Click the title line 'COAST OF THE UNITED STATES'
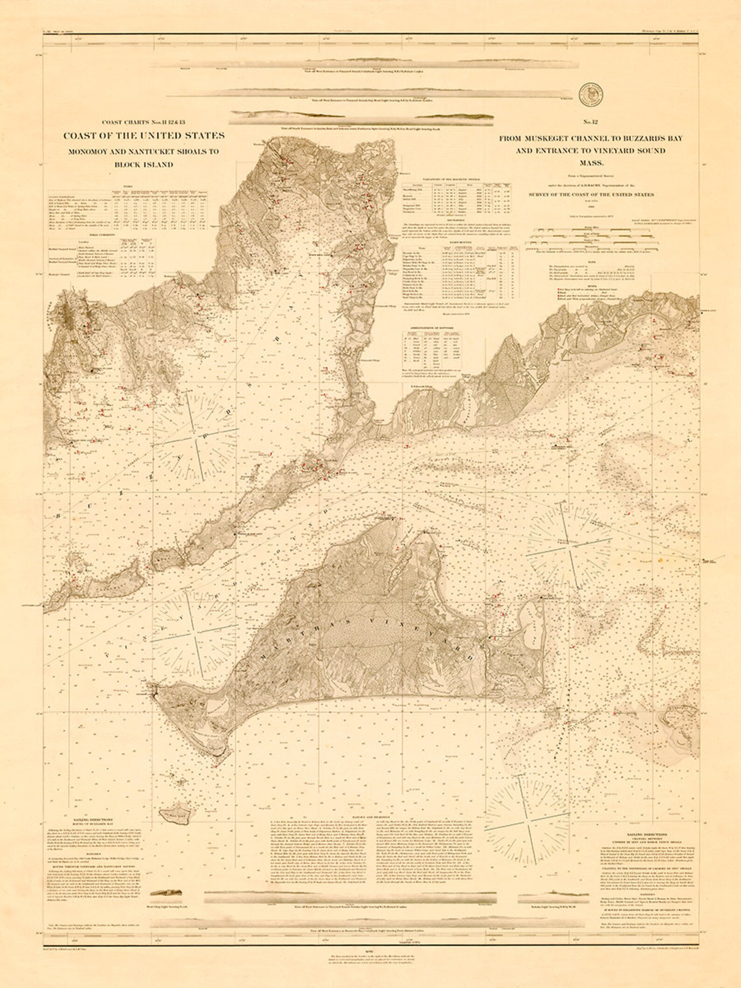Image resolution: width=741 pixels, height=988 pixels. coord(144,136)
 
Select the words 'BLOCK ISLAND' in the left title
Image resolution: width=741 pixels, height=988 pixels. coord(144,165)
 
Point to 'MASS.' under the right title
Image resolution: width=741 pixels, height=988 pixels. coord(591,163)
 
